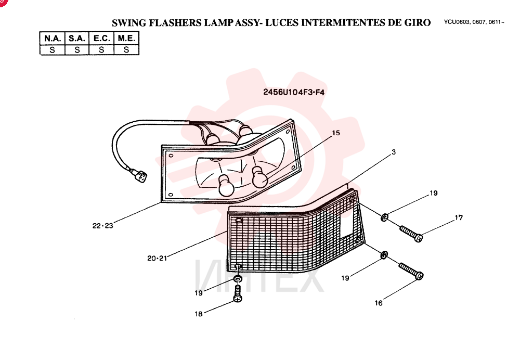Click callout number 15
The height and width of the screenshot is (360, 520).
click(x=336, y=133)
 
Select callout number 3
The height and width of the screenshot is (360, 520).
click(x=394, y=152)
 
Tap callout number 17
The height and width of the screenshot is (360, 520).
click(x=459, y=217)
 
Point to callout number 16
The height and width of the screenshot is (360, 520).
click(x=379, y=303)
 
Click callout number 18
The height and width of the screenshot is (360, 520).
click(x=199, y=314)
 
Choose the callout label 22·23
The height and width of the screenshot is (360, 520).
click(x=103, y=226)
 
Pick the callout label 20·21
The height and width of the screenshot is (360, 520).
click(x=157, y=258)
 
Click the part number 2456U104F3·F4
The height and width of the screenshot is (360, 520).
click(x=294, y=92)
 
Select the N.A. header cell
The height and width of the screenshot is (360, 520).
click(x=53, y=38)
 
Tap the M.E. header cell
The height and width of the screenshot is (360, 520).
click(x=126, y=38)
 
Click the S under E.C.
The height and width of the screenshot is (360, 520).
click(x=101, y=50)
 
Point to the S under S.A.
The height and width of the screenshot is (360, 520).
click(x=77, y=50)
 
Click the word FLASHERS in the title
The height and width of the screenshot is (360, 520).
click(x=175, y=23)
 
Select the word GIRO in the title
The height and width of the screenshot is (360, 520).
click(x=417, y=22)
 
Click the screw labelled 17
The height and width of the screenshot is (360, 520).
click(x=411, y=234)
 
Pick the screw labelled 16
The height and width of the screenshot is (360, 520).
click(x=411, y=271)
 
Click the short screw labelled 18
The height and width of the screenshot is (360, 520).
click(x=238, y=293)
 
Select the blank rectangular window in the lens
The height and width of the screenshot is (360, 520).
click(x=346, y=225)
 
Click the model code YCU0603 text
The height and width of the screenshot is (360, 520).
click(x=456, y=22)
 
